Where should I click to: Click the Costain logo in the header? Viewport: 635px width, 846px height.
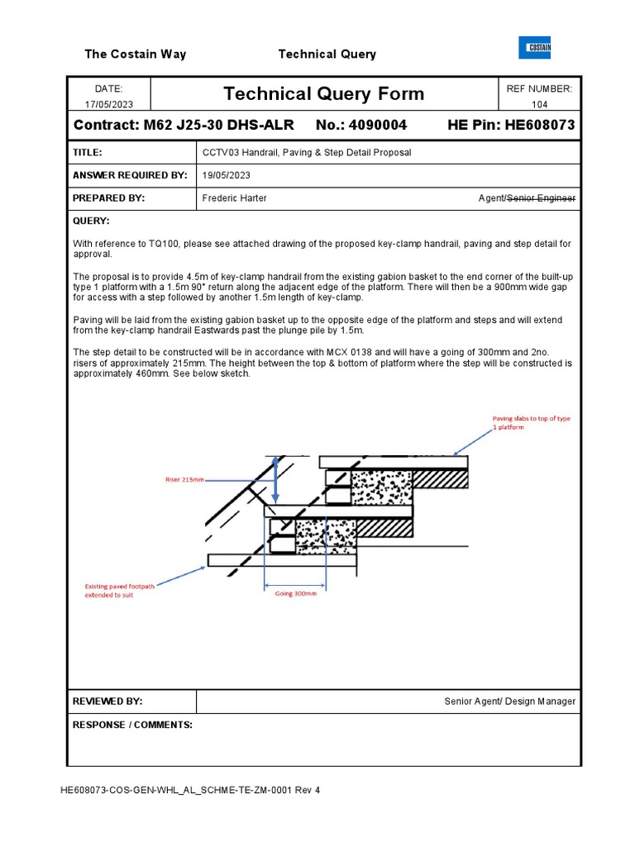[x=534, y=49]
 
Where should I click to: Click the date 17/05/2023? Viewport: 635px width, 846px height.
[x=108, y=104]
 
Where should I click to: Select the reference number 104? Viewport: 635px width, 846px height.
[x=541, y=104]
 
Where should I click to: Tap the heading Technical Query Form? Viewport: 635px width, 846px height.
[x=323, y=94]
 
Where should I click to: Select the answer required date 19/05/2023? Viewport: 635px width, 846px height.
[x=227, y=176]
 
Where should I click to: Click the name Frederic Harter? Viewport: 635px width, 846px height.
[x=235, y=198]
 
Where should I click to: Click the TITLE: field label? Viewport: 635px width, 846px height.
[x=88, y=153]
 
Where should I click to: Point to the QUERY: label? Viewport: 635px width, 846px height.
[x=91, y=221]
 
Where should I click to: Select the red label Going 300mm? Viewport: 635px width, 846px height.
[x=296, y=593]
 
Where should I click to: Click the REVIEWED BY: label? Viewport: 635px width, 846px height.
[x=107, y=701]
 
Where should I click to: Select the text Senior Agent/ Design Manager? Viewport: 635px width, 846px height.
[x=509, y=701]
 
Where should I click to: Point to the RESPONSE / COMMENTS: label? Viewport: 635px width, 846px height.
[x=132, y=725]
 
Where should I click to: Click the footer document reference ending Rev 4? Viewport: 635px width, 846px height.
[x=190, y=790]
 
